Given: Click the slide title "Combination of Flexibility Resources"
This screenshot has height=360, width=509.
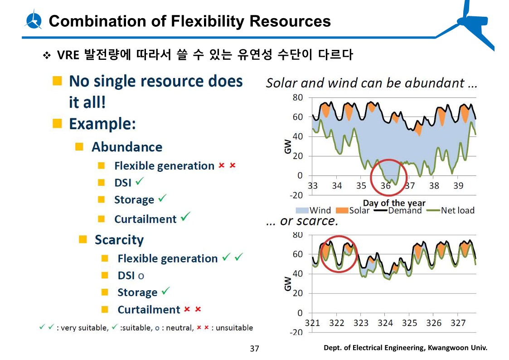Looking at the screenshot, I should pos(189,21).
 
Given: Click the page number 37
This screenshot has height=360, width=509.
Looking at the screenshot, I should pos(255,349).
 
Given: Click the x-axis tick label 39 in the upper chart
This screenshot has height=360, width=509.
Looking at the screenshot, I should pos(458,185).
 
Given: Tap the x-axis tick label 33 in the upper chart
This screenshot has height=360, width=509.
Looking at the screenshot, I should pos(313,185).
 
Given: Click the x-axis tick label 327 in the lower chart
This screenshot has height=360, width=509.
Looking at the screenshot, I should pos(458,323).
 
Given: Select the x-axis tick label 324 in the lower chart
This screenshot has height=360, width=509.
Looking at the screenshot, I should pos(385,323).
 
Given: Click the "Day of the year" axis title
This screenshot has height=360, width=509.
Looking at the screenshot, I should pos(394,203).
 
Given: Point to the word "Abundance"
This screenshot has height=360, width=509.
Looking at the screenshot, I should pos(127,147).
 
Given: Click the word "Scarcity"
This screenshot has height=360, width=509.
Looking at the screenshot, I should pos(119,240).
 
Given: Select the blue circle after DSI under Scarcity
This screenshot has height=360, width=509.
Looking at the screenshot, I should pos(141,276).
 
